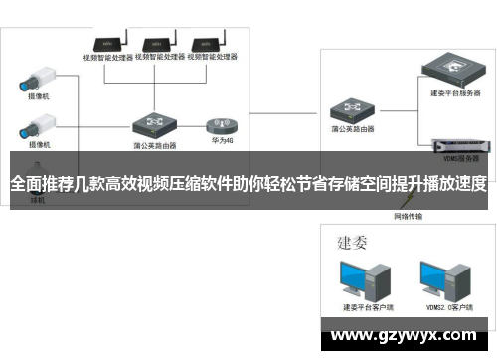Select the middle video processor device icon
click(x=159, y=44)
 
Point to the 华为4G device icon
click(x=221, y=124)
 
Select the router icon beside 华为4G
click(x=155, y=124)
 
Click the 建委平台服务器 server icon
click(x=453, y=71)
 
